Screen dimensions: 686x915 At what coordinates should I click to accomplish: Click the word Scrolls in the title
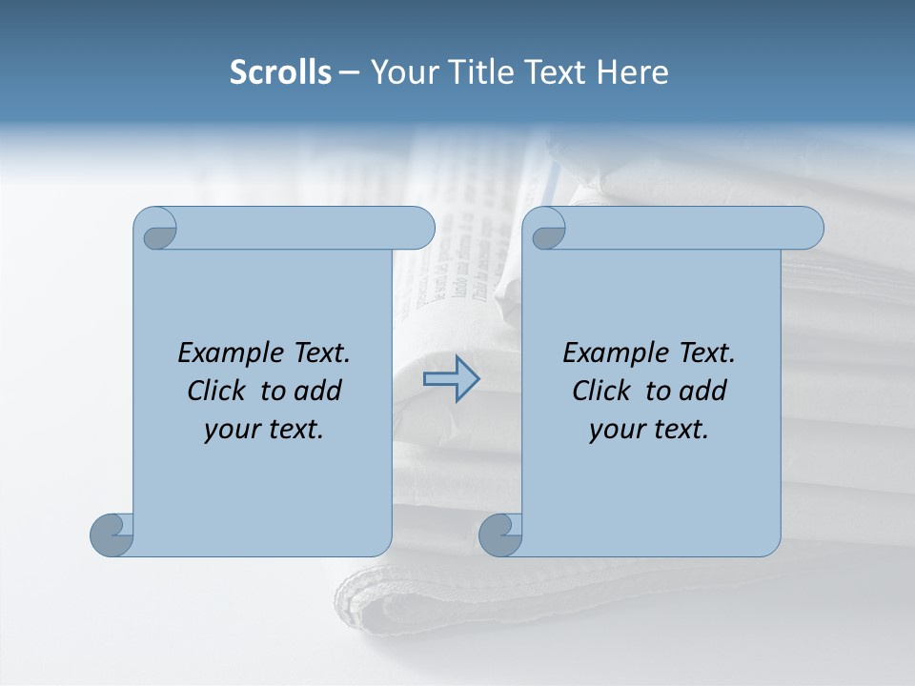tap(281, 72)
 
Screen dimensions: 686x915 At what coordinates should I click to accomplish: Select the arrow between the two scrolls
tap(451, 378)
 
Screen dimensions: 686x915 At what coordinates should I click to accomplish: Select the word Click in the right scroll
tap(601, 391)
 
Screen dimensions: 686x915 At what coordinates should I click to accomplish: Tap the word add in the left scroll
tap(316, 391)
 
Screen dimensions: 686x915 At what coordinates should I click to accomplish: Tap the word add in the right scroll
tap(701, 391)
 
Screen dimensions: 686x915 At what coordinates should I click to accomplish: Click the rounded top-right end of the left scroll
tap(419, 228)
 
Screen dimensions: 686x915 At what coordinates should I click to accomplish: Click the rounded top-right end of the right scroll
tap(808, 228)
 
